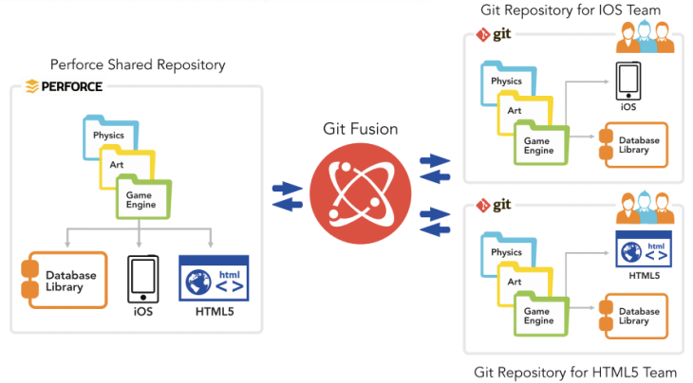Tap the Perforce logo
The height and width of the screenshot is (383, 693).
pyautogui.click(x=65, y=86)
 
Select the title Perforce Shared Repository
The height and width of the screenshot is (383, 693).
pyautogui.click(x=138, y=65)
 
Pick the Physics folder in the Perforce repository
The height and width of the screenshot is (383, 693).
pyautogui.click(x=107, y=135)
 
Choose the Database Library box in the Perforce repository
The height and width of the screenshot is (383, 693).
pyautogui.click(x=63, y=281)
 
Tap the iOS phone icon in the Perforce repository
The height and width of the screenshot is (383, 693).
pyautogui.click(x=142, y=277)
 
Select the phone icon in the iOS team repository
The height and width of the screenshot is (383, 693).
pyautogui.click(x=627, y=82)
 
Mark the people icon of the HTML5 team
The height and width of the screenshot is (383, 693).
pyautogui.click(x=646, y=209)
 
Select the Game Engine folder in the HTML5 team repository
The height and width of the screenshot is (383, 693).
pyautogui.click(x=540, y=314)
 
